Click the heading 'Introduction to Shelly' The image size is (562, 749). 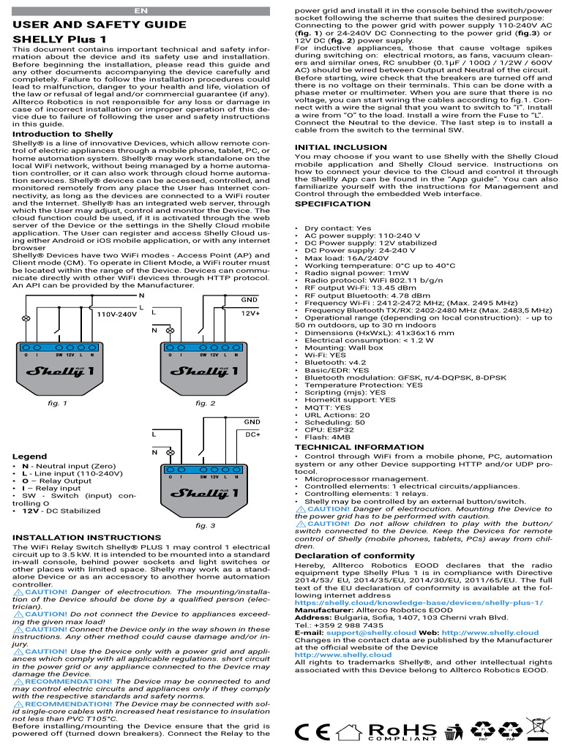(x=63, y=134)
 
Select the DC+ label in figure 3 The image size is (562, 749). (x=252, y=434)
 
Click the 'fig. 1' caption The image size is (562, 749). (x=57, y=403)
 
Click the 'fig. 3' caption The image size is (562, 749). (x=206, y=525)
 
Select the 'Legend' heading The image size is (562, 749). (x=30, y=456)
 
